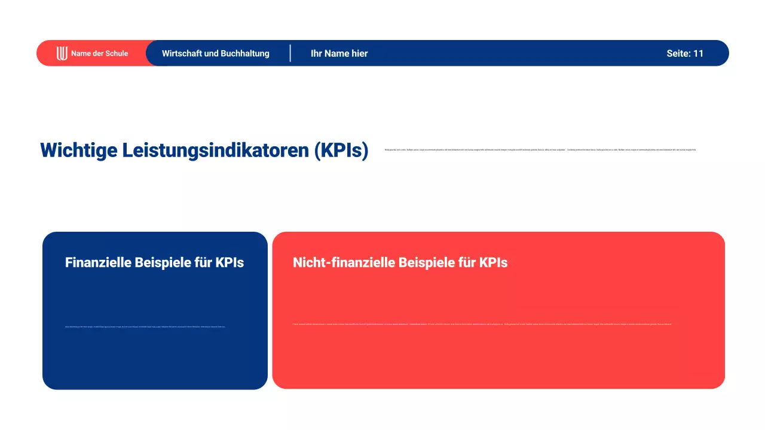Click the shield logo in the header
pyautogui.click(x=62, y=53)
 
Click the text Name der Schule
pyautogui.click(x=99, y=53)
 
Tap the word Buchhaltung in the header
pyautogui.click(x=245, y=53)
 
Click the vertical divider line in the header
pyautogui.click(x=290, y=53)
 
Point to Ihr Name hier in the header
pyautogui.click(x=339, y=53)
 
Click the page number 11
pyautogui.click(x=698, y=53)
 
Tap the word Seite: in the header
pyautogui.click(x=678, y=53)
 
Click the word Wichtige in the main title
pyautogui.click(x=78, y=150)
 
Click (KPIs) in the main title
pyautogui.click(x=341, y=150)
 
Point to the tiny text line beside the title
pyautogui.click(x=540, y=149)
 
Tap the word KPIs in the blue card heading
pyautogui.click(x=229, y=263)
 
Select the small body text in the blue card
pyautogui.click(x=145, y=327)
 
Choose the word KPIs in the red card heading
pyautogui.click(x=493, y=263)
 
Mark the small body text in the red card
pyautogui.click(x=482, y=324)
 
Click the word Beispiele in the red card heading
pyautogui.click(x=426, y=263)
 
